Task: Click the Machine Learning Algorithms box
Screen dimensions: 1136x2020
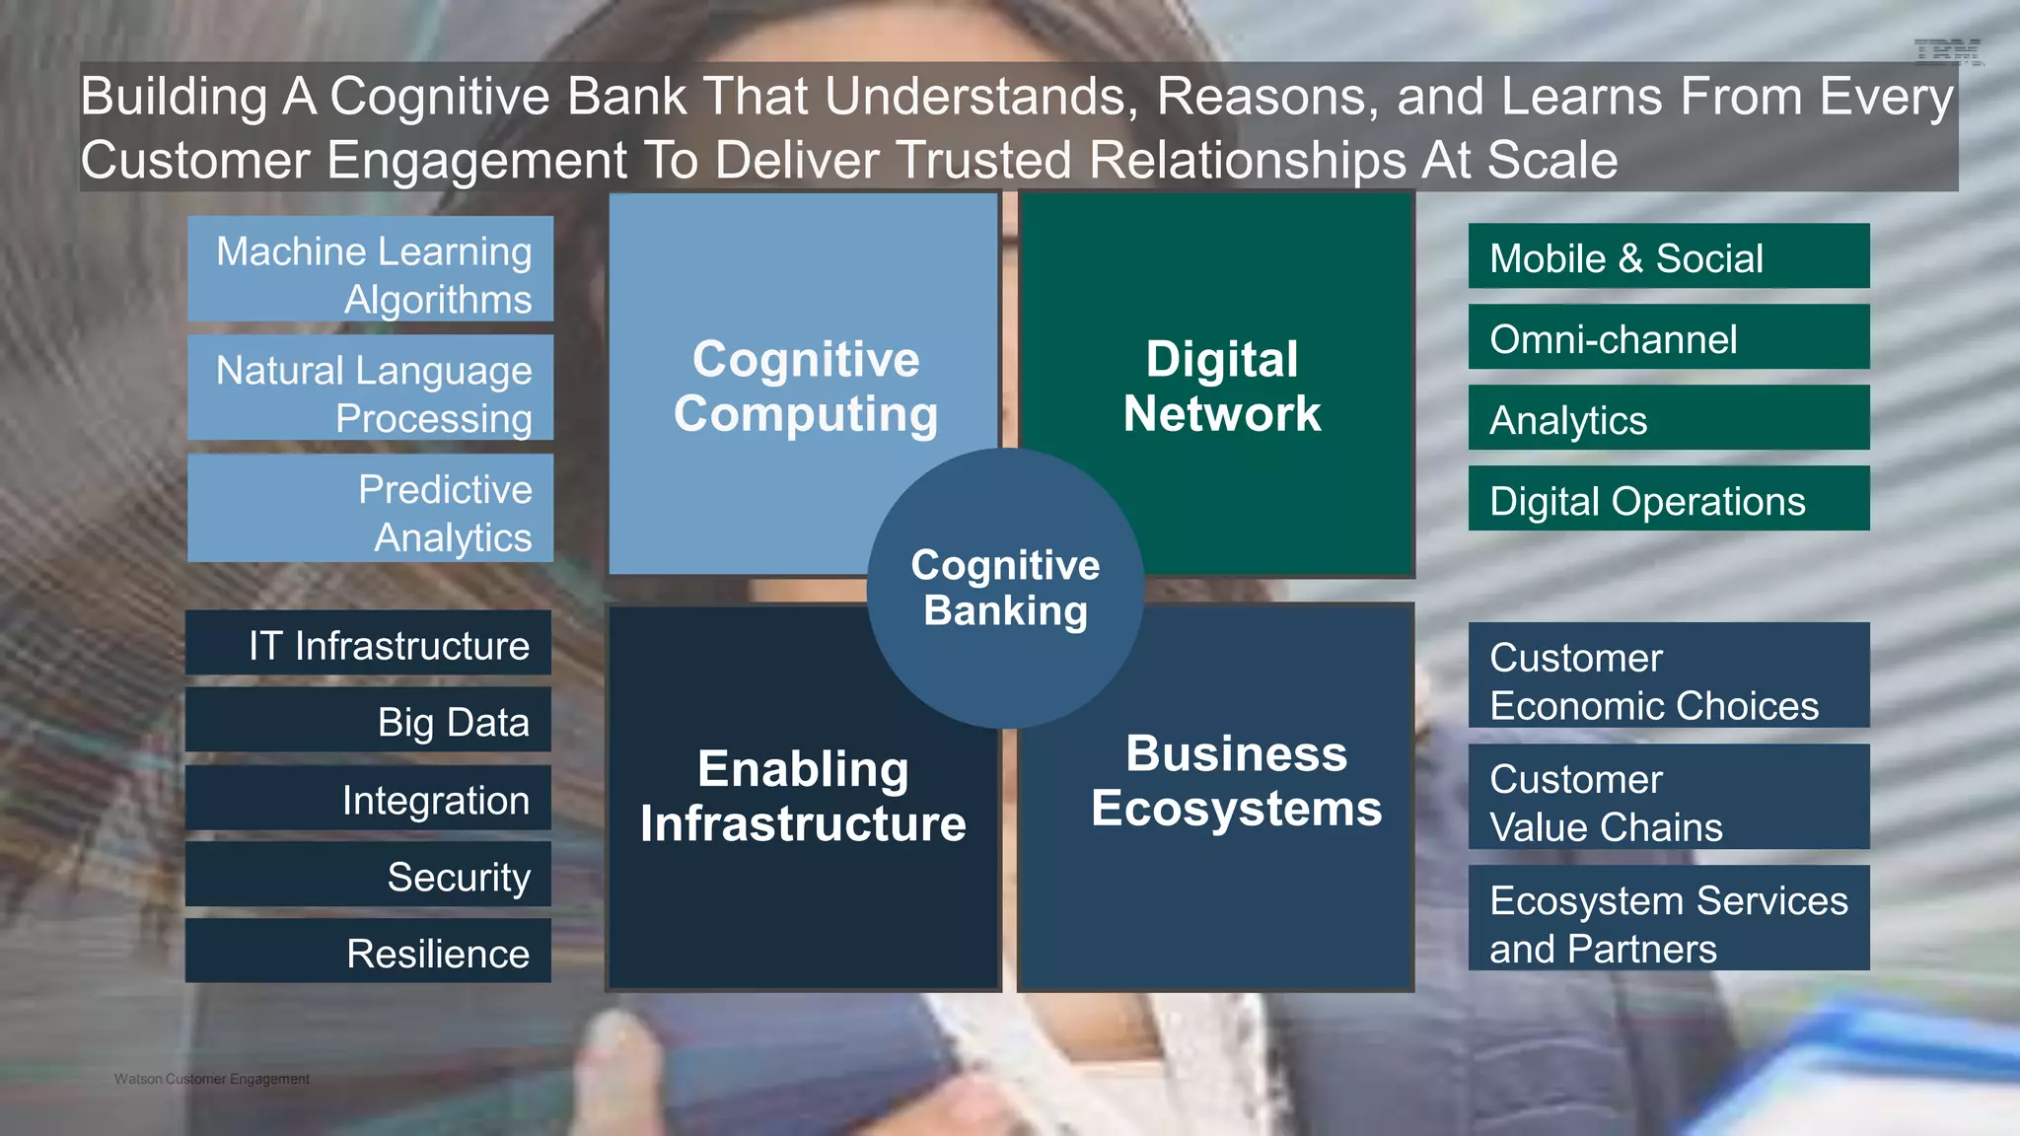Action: (370, 269)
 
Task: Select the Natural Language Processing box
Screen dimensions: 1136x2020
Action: (370, 388)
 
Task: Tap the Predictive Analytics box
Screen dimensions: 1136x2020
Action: (370, 508)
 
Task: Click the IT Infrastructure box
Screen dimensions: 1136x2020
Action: (368, 643)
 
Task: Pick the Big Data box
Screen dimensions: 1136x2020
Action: (368, 720)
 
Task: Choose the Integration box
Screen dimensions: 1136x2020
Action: (368, 798)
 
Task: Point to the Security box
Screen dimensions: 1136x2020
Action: (368, 875)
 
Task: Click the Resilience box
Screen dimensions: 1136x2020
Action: (368, 952)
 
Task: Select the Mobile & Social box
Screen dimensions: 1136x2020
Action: (1668, 256)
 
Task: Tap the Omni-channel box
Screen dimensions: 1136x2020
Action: (1668, 337)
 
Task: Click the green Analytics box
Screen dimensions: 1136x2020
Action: (1668, 418)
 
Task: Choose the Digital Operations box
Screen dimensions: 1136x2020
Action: (1668, 499)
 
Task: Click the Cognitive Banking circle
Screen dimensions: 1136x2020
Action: (1005, 588)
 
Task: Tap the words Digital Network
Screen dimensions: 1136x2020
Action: (1221, 387)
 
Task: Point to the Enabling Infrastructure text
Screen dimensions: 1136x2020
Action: (803, 796)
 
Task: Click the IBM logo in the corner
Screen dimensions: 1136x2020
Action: (1947, 52)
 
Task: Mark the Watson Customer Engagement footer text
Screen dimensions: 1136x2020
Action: (211, 1079)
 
